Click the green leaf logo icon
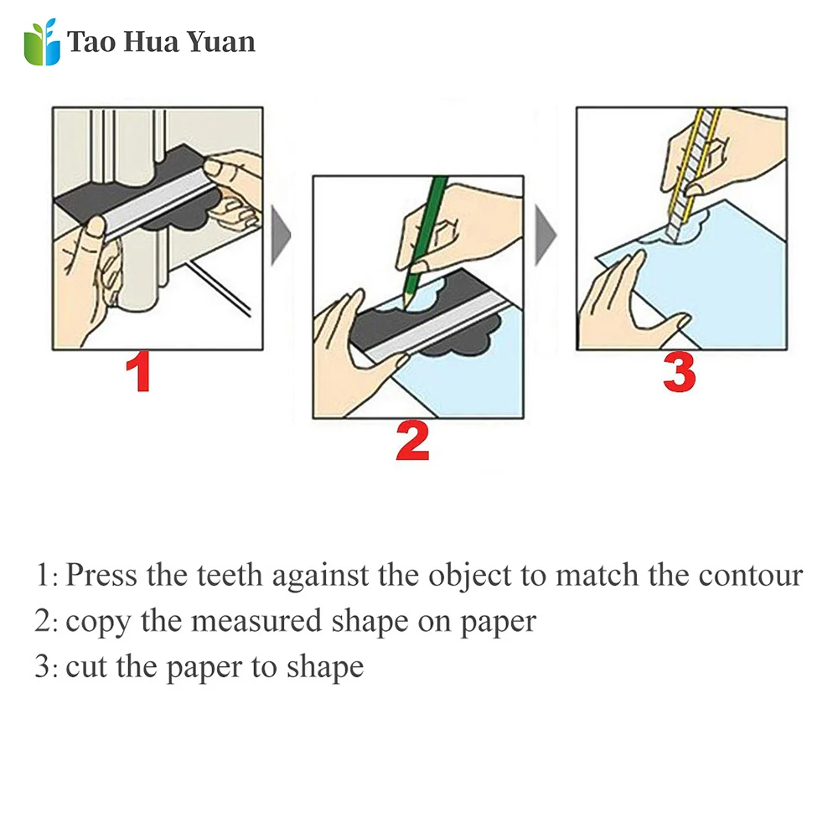tap(42, 42)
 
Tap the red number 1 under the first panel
tap(138, 372)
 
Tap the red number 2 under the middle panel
tap(412, 441)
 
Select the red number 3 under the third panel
tap(679, 372)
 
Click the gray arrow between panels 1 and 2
tap(281, 235)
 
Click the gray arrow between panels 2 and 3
tap(546, 235)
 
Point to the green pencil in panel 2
tap(424, 241)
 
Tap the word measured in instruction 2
tap(256, 621)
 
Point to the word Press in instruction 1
tap(101, 575)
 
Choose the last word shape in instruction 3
tap(325, 668)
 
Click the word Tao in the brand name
tap(91, 42)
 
